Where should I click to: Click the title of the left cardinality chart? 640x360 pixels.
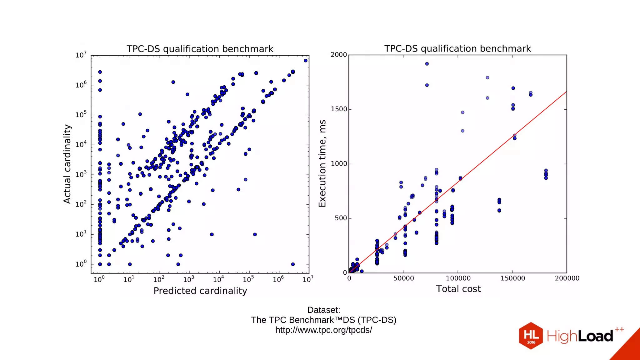pos(200,49)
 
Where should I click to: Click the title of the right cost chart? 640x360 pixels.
pos(457,48)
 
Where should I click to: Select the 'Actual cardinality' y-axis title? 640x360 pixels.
pos(67,164)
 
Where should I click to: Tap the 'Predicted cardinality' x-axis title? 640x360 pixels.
pos(200,291)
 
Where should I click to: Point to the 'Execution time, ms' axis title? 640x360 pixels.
pos(322,163)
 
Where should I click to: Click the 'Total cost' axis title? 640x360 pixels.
pos(458,289)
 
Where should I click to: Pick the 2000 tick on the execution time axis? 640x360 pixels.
pos(339,55)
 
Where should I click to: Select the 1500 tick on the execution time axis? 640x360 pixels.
pos(339,109)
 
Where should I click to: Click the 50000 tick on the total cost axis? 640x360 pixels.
pos(403,278)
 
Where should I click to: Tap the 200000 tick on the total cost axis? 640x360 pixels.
pos(567,278)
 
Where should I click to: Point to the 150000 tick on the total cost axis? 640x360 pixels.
pos(512,278)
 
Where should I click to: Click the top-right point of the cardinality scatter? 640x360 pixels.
pos(306,61)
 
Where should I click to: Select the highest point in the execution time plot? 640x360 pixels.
pos(427,64)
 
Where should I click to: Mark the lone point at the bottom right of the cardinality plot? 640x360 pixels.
pos(293,264)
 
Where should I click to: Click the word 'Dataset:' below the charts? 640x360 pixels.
pos(323,310)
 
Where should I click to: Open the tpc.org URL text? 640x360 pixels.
pos(323,330)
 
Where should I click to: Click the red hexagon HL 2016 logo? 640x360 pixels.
pos(531,336)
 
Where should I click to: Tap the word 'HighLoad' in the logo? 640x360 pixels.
pos(580,336)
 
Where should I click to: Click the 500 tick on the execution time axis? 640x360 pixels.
pos(341,218)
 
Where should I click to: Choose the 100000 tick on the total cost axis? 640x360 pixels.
pos(458,278)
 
